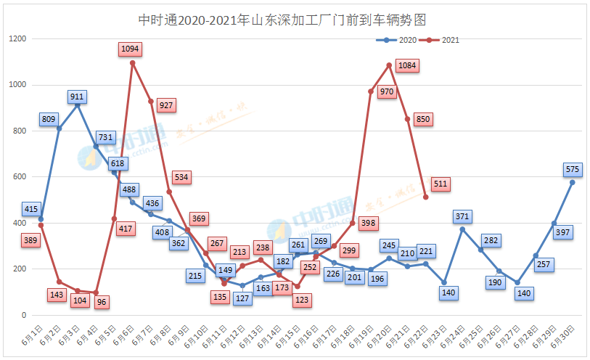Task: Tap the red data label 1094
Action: (131, 49)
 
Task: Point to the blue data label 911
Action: (78, 96)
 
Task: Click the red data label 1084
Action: (407, 66)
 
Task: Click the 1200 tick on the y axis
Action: (17, 38)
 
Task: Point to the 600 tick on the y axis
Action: (19, 177)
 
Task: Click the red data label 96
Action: (102, 302)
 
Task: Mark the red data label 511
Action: (440, 184)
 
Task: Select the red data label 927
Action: (166, 105)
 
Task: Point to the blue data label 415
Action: (31, 209)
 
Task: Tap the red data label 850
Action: (423, 119)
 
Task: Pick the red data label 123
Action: (303, 300)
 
